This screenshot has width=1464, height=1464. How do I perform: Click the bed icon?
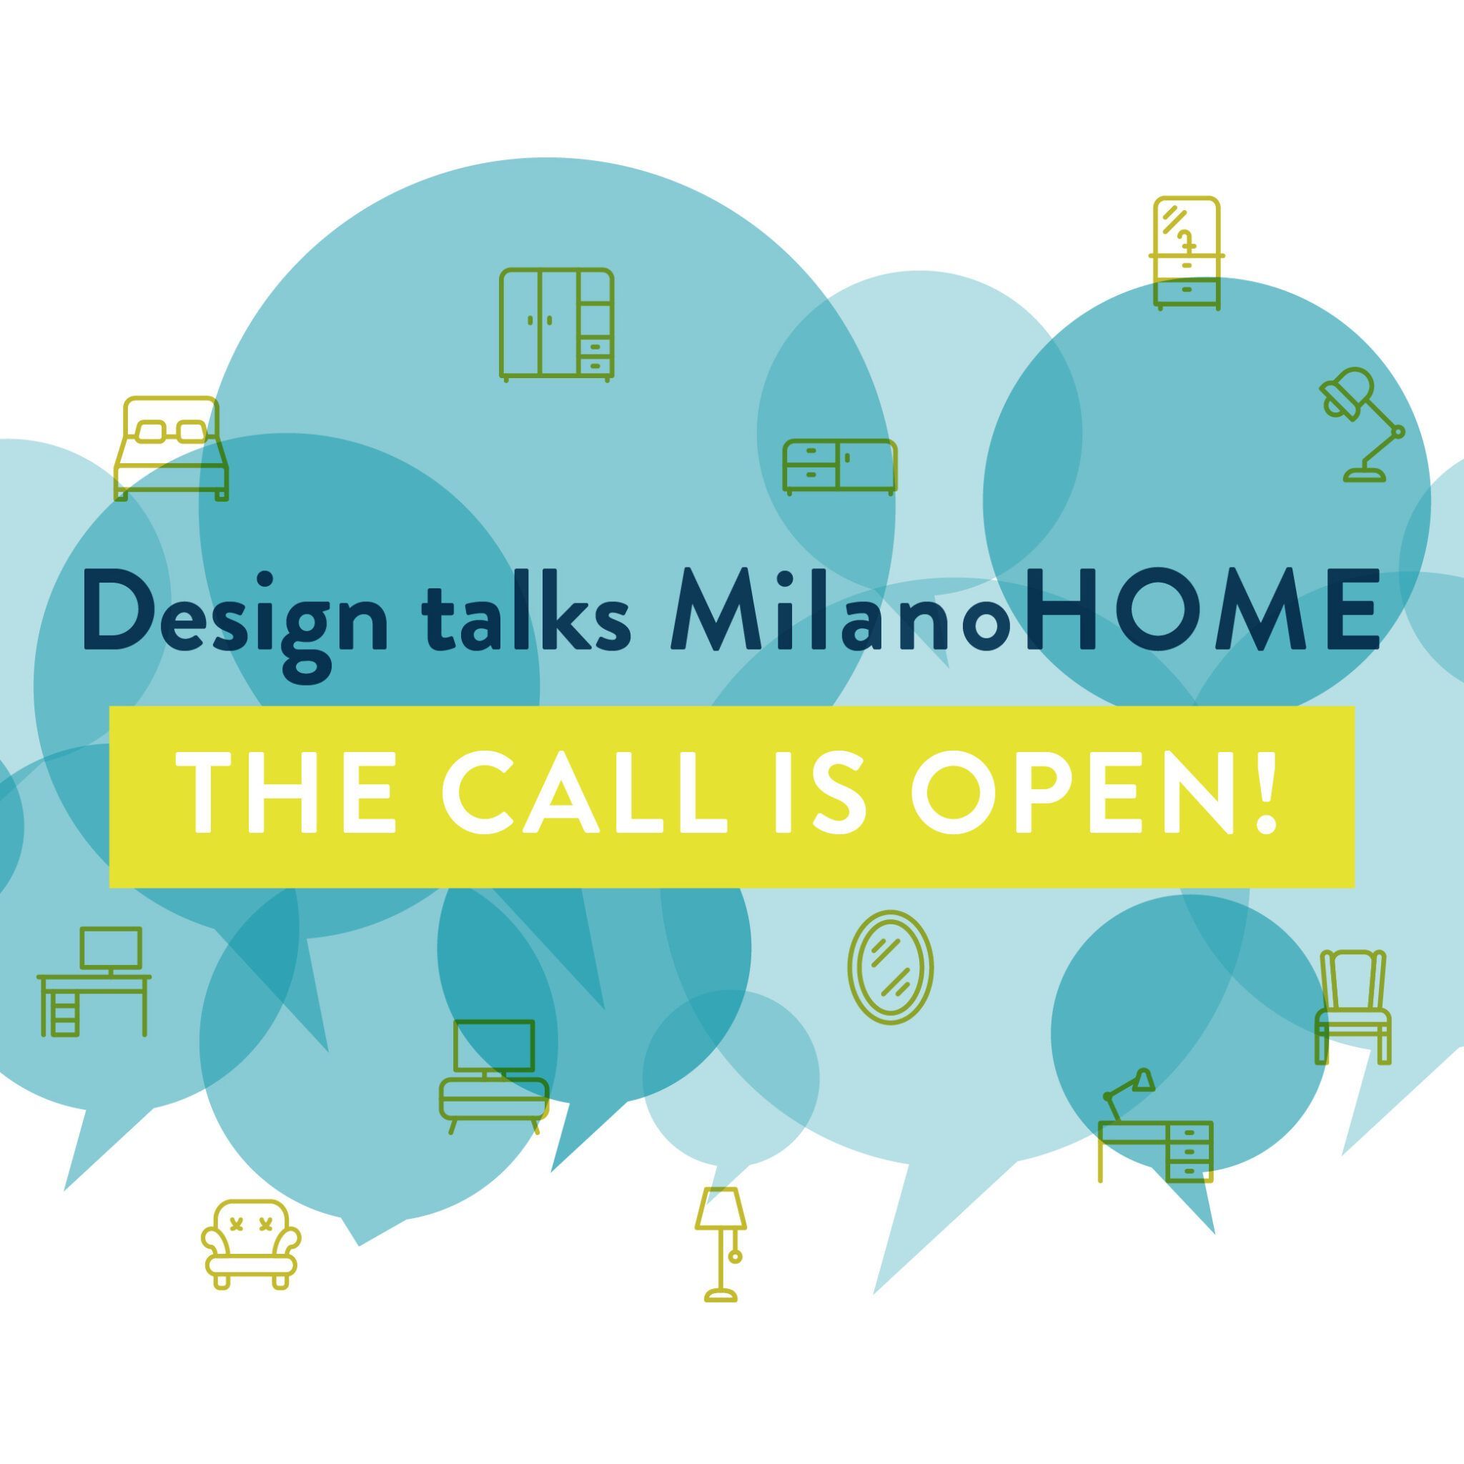172,449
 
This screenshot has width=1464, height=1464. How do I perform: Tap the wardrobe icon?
557,325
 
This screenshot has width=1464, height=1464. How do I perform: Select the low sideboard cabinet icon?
840,467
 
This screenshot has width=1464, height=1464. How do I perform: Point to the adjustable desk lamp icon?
1362,425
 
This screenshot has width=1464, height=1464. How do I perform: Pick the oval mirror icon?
891,968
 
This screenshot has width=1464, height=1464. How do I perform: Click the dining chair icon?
1352,1006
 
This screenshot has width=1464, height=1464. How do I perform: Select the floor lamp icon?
721,1245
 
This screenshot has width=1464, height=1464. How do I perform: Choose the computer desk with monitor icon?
94,981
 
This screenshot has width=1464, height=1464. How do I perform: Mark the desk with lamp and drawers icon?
1157,1125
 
